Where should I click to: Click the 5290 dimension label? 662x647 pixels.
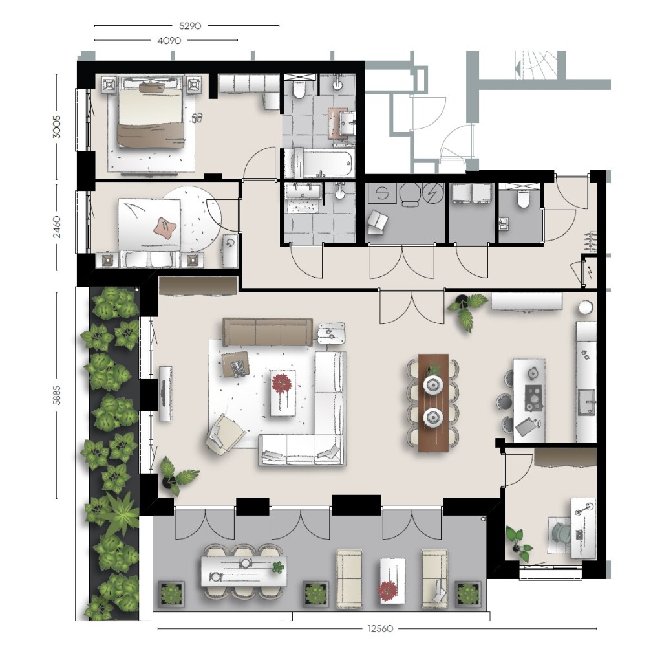tap(190, 26)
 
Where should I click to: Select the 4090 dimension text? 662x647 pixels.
tap(169, 41)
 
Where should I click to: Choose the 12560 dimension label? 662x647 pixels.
tap(380, 628)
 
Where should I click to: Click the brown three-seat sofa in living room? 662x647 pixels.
tap(268, 332)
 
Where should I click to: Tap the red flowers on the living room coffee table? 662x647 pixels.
tap(282, 384)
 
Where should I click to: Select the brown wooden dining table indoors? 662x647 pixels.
tap(433, 402)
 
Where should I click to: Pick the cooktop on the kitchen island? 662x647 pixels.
tap(533, 398)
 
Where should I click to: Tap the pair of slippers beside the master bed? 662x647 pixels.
tap(197, 118)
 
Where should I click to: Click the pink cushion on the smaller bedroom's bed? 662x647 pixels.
tap(164, 228)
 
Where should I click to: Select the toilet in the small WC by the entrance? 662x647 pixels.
tap(522, 199)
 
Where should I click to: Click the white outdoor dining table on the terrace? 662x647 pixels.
tap(244, 571)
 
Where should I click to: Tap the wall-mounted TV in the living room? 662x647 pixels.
tap(165, 393)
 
